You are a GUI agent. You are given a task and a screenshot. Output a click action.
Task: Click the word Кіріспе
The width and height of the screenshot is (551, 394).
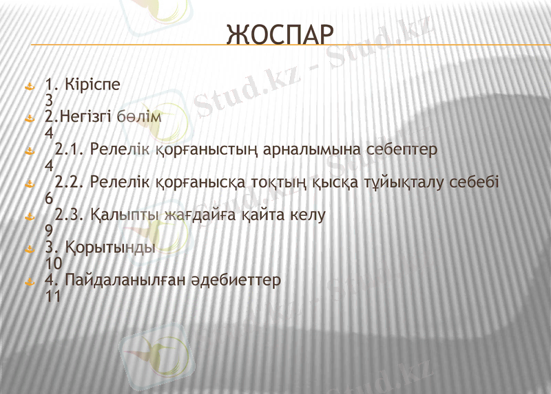92,85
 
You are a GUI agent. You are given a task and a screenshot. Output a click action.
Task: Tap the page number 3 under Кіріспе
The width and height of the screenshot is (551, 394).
49,100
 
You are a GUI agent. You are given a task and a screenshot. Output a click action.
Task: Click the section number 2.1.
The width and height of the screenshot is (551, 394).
69,149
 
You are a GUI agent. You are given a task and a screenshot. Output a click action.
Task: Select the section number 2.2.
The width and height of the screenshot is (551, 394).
69,183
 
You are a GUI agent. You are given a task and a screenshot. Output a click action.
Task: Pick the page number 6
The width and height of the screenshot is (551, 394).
49,199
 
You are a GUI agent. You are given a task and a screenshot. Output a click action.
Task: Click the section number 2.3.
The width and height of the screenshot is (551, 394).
69,215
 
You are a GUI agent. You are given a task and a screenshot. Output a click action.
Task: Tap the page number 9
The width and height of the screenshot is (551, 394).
49,231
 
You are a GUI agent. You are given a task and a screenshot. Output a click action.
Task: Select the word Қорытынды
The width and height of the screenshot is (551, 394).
110,248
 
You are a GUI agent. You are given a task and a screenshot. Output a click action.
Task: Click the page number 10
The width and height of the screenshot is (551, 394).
53,263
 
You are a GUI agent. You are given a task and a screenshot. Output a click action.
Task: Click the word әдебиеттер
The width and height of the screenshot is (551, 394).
239,281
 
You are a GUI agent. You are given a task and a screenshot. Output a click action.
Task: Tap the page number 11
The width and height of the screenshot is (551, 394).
53,296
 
